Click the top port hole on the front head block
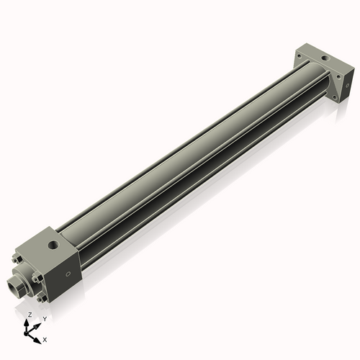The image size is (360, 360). [52, 246]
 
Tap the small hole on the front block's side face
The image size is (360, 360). [69, 274]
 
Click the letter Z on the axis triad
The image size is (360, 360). [29, 315]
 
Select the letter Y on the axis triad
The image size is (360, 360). [45, 318]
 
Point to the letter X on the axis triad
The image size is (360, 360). [45, 338]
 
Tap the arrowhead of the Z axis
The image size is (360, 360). [29, 322]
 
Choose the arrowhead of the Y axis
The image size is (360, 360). [38, 324]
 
